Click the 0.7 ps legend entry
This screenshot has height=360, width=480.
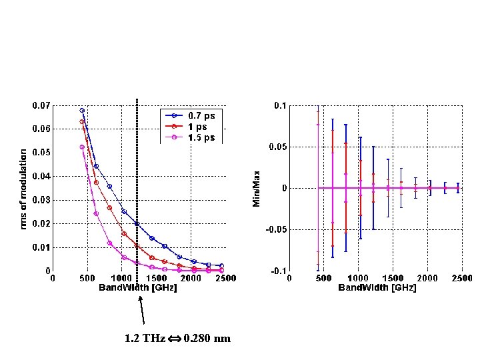click(x=201, y=115)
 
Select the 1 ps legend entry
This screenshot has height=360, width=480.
click(x=196, y=126)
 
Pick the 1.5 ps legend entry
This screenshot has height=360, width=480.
click(x=201, y=137)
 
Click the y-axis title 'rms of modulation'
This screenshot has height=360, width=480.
click(x=23, y=189)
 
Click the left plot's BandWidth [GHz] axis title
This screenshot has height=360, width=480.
click(x=138, y=288)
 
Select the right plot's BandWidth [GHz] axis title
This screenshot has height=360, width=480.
click(x=377, y=288)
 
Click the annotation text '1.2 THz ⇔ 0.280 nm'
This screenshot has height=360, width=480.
click(x=177, y=339)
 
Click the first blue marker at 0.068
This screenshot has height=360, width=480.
click(x=82, y=110)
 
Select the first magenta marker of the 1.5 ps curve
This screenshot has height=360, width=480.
click(x=82, y=147)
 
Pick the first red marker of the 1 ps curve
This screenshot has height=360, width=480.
click(x=82, y=122)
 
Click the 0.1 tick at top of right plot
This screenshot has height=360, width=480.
click(x=280, y=105)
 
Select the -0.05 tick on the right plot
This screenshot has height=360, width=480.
click(x=277, y=229)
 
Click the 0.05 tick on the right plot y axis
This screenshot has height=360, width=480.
click(x=278, y=147)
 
